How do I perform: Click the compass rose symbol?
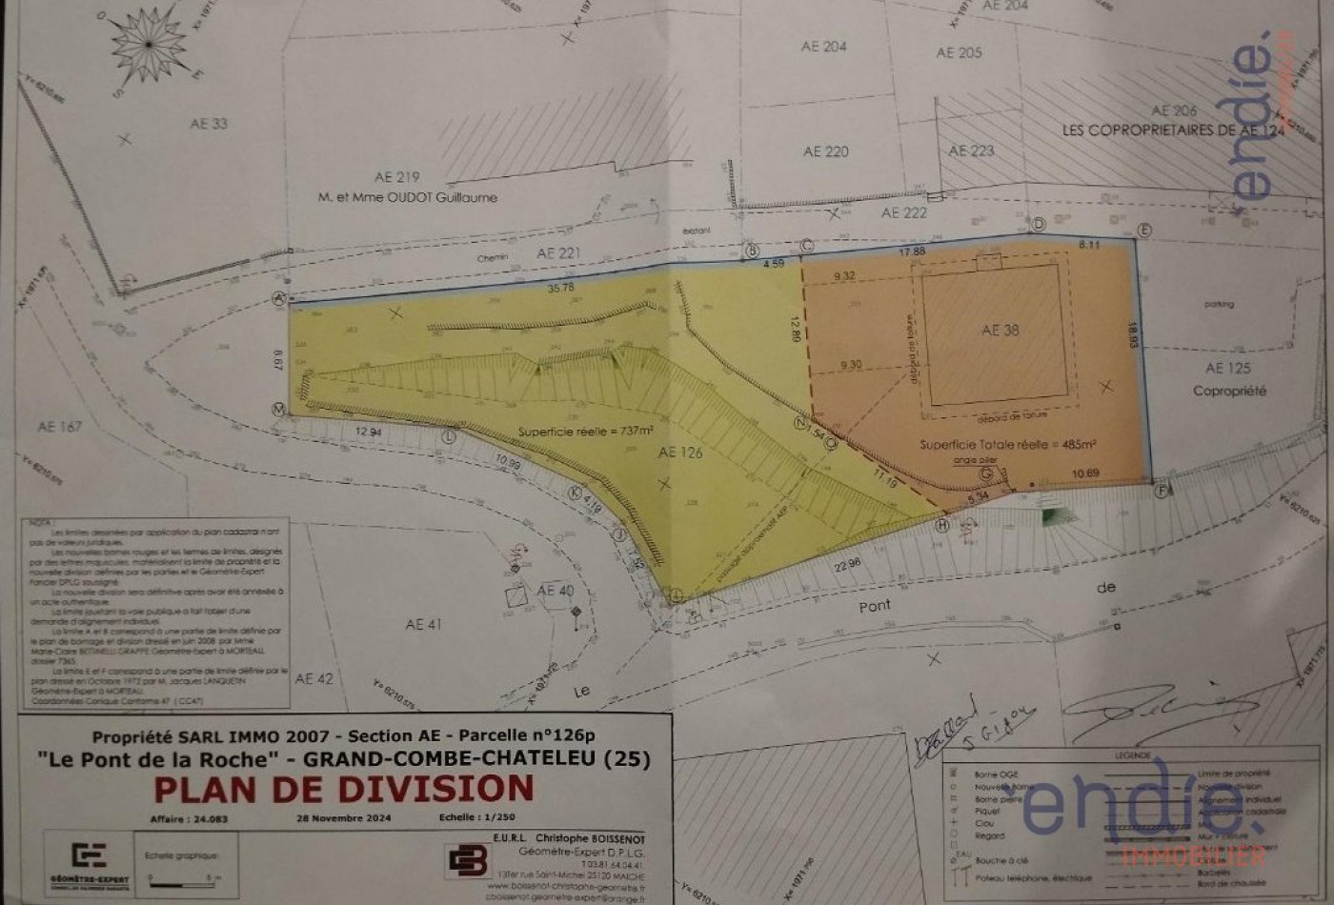[x=149, y=44]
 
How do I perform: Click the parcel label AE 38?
[x=1000, y=330]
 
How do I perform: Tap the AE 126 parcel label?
[x=680, y=452]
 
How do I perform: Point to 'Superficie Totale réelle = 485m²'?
[x=1007, y=445]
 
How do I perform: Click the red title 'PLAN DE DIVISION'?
[x=344, y=789]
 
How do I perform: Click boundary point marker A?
[x=280, y=298]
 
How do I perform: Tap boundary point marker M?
[x=279, y=409]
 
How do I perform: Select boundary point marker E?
[x=1144, y=230]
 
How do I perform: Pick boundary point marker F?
[x=1161, y=491]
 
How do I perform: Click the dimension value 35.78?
[x=561, y=287]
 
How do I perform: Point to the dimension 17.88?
[x=912, y=251]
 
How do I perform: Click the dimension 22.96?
[x=846, y=563]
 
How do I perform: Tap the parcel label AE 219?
[x=397, y=177]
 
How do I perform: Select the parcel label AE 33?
[x=209, y=124]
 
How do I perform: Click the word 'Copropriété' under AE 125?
[x=1229, y=391]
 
